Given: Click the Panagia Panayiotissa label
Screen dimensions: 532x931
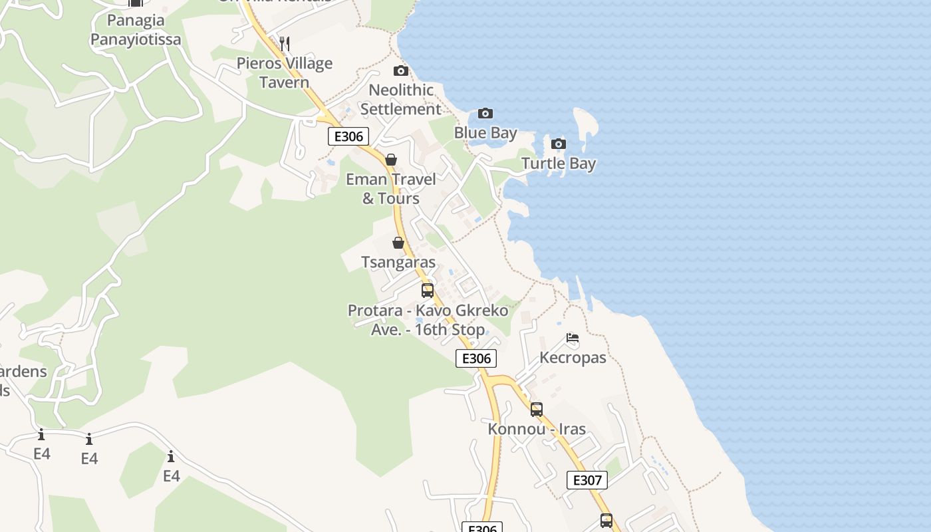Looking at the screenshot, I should [x=136, y=30].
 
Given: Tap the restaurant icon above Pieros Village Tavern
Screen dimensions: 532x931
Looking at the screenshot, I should [x=285, y=44].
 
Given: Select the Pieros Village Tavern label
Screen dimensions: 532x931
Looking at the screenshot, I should [x=285, y=72].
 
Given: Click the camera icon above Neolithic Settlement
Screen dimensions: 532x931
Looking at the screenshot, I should [x=401, y=70].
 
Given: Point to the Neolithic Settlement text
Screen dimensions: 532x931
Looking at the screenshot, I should [x=401, y=99].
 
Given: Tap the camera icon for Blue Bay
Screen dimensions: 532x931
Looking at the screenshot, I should [x=485, y=113].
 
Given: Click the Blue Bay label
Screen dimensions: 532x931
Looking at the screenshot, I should [x=485, y=133].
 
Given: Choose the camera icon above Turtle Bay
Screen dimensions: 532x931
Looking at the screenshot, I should [x=559, y=144].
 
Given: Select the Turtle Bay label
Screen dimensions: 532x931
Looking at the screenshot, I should [x=559, y=164].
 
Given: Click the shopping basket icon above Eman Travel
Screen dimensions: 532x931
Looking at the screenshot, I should [x=391, y=160].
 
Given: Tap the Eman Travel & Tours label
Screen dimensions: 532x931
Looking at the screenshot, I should [x=391, y=189].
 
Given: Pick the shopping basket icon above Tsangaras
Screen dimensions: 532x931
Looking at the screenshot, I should [x=398, y=243].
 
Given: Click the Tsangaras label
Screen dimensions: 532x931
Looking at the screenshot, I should [x=398, y=262].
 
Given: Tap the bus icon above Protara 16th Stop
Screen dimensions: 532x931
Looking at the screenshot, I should [x=428, y=291].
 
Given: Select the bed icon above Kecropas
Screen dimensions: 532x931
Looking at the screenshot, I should [x=573, y=338].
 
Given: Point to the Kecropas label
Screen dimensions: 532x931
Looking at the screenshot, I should [x=573, y=358].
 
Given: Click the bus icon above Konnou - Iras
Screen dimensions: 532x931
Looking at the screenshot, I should [x=537, y=410].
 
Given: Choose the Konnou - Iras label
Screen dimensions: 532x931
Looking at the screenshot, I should [x=537, y=429].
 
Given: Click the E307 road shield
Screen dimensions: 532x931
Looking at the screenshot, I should [x=587, y=480].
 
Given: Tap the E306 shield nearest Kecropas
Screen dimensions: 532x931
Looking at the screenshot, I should [x=476, y=358].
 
